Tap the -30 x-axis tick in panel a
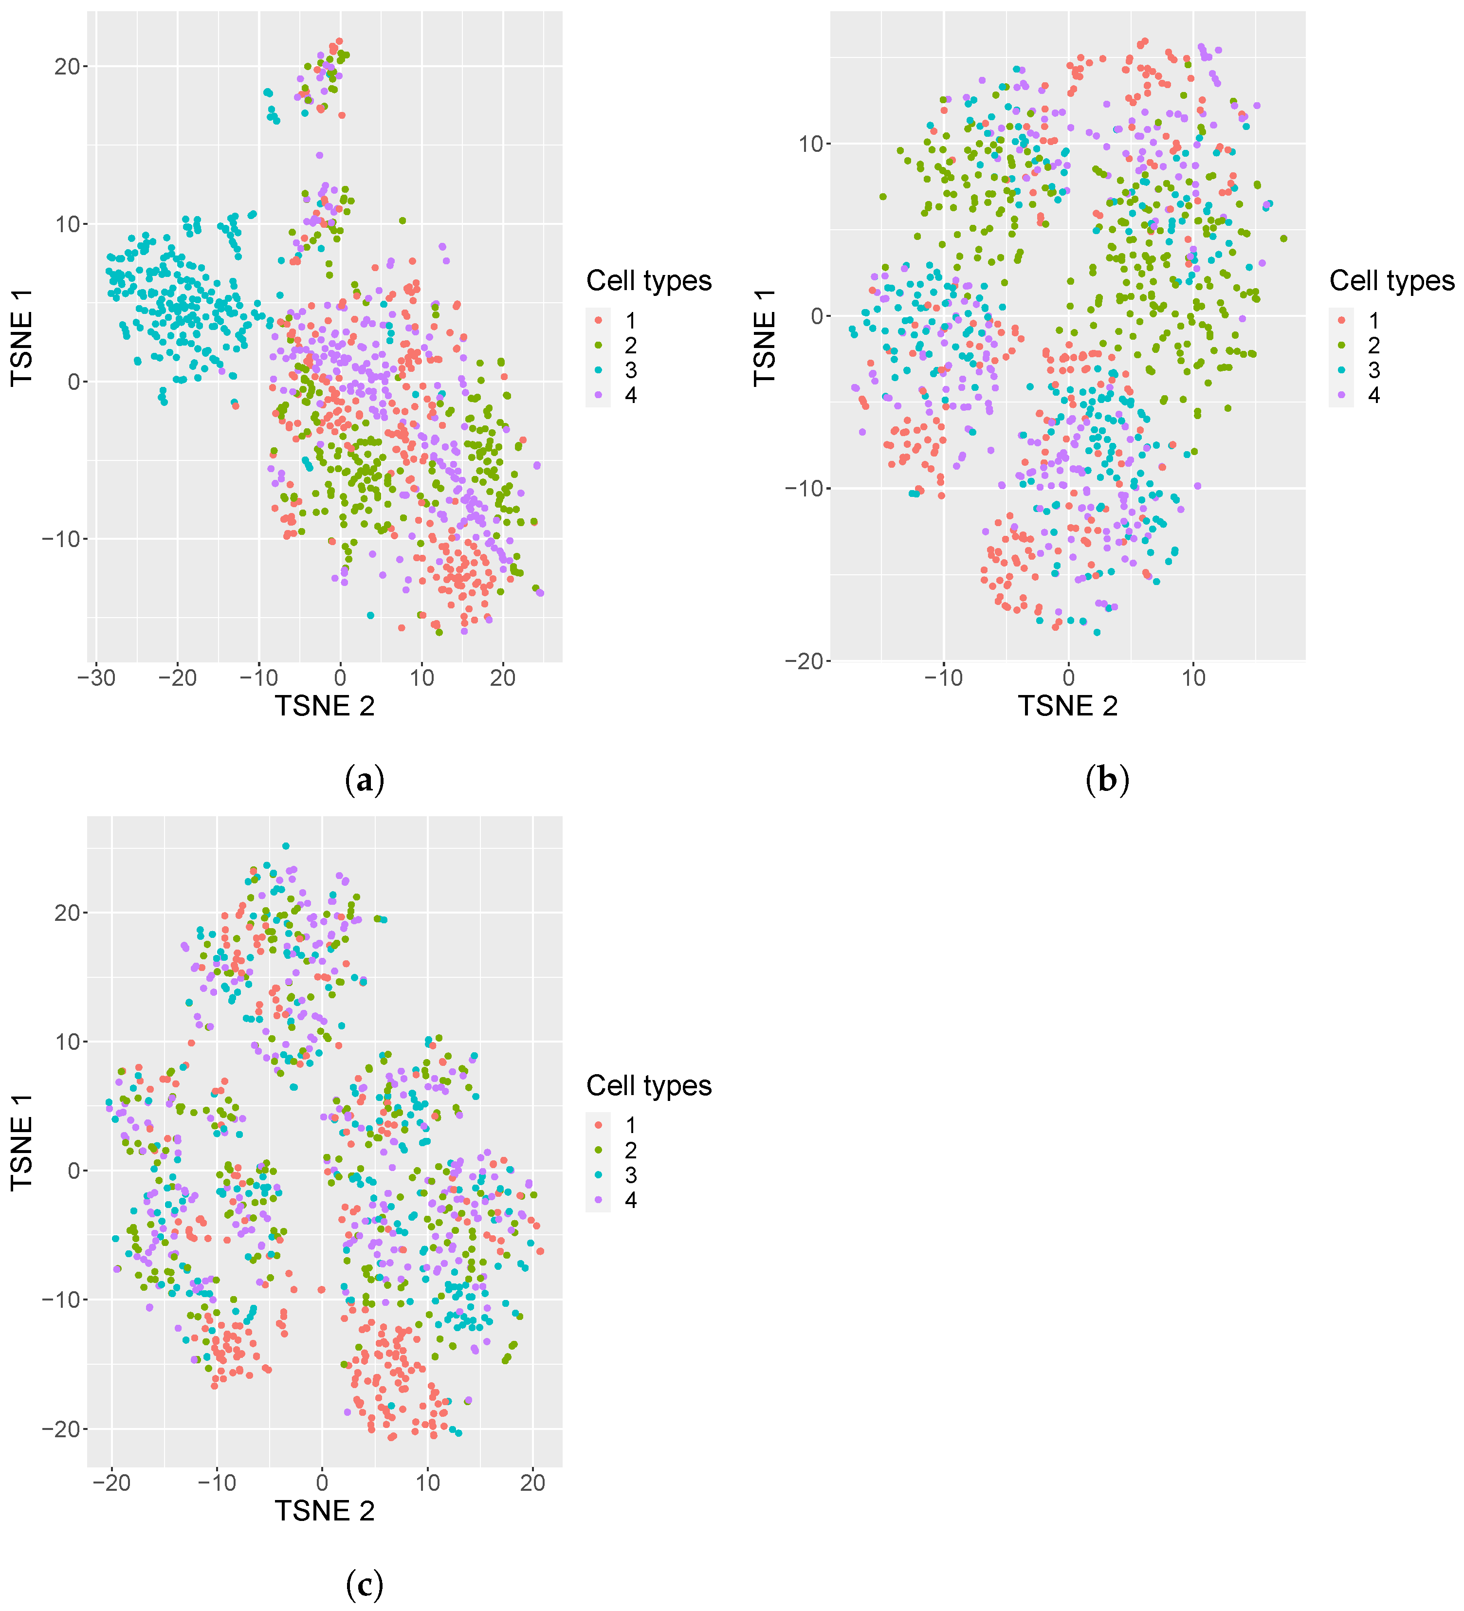pyautogui.click(x=96, y=677)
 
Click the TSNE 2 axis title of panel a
pyautogui.click(x=325, y=706)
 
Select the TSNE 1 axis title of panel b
pyautogui.click(x=765, y=337)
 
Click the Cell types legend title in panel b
pyautogui.click(x=1391, y=280)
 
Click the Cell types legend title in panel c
pyautogui.click(x=648, y=1085)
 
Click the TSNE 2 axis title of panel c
pyautogui.click(x=325, y=1511)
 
